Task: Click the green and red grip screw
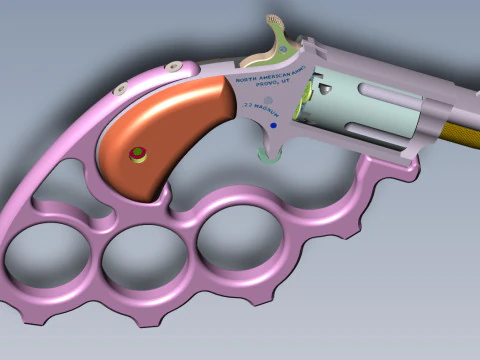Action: point(136,153)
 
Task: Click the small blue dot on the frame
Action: point(273,127)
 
